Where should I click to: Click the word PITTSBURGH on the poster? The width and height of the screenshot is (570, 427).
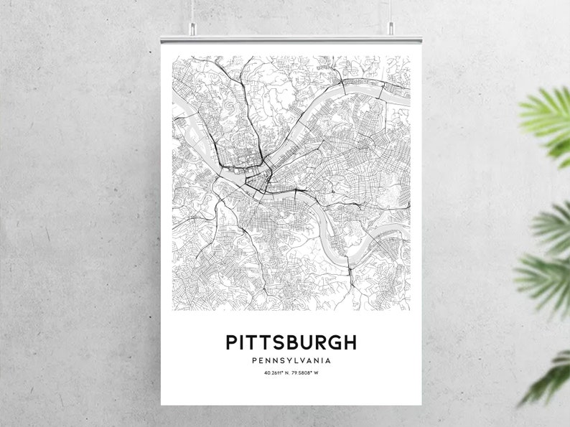(291, 342)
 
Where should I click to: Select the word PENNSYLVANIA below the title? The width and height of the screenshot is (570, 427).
(291, 360)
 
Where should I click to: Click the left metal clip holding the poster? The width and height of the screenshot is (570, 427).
(192, 29)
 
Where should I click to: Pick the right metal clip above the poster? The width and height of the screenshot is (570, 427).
(391, 29)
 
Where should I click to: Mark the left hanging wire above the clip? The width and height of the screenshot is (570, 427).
(192, 11)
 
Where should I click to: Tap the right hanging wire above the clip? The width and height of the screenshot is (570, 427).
(391, 11)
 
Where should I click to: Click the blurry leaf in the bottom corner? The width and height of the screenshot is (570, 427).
(549, 377)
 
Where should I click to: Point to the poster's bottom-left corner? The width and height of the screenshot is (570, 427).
(162, 404)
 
